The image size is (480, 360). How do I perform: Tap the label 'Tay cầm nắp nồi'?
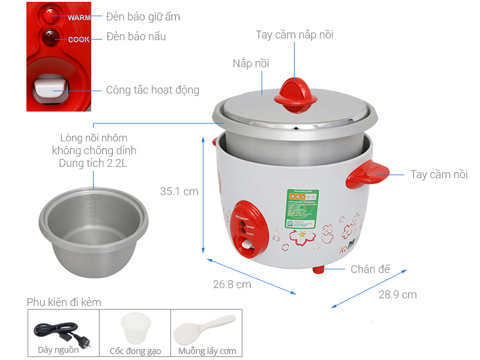tap(294, 35)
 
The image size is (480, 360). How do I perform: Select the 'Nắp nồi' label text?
tap(251, 64)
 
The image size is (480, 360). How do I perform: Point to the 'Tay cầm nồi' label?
tap(439, 175)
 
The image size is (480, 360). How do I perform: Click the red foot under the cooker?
tap(319, 269)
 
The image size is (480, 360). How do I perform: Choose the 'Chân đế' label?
tap(370, 269)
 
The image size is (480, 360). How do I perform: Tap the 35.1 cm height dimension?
tap(179, 191)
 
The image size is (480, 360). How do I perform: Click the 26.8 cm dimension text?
tap(232, 284)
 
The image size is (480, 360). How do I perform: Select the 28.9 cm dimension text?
tap(397, 294)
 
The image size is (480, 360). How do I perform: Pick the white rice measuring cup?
tap(134, 329)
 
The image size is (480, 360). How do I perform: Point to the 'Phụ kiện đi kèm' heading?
tap(64, 302)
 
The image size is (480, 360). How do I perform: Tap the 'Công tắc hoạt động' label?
tap(152, 90)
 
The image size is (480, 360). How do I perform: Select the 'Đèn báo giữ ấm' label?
tap(143, 17)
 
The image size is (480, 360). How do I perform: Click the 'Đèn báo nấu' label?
tap(136, 37)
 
